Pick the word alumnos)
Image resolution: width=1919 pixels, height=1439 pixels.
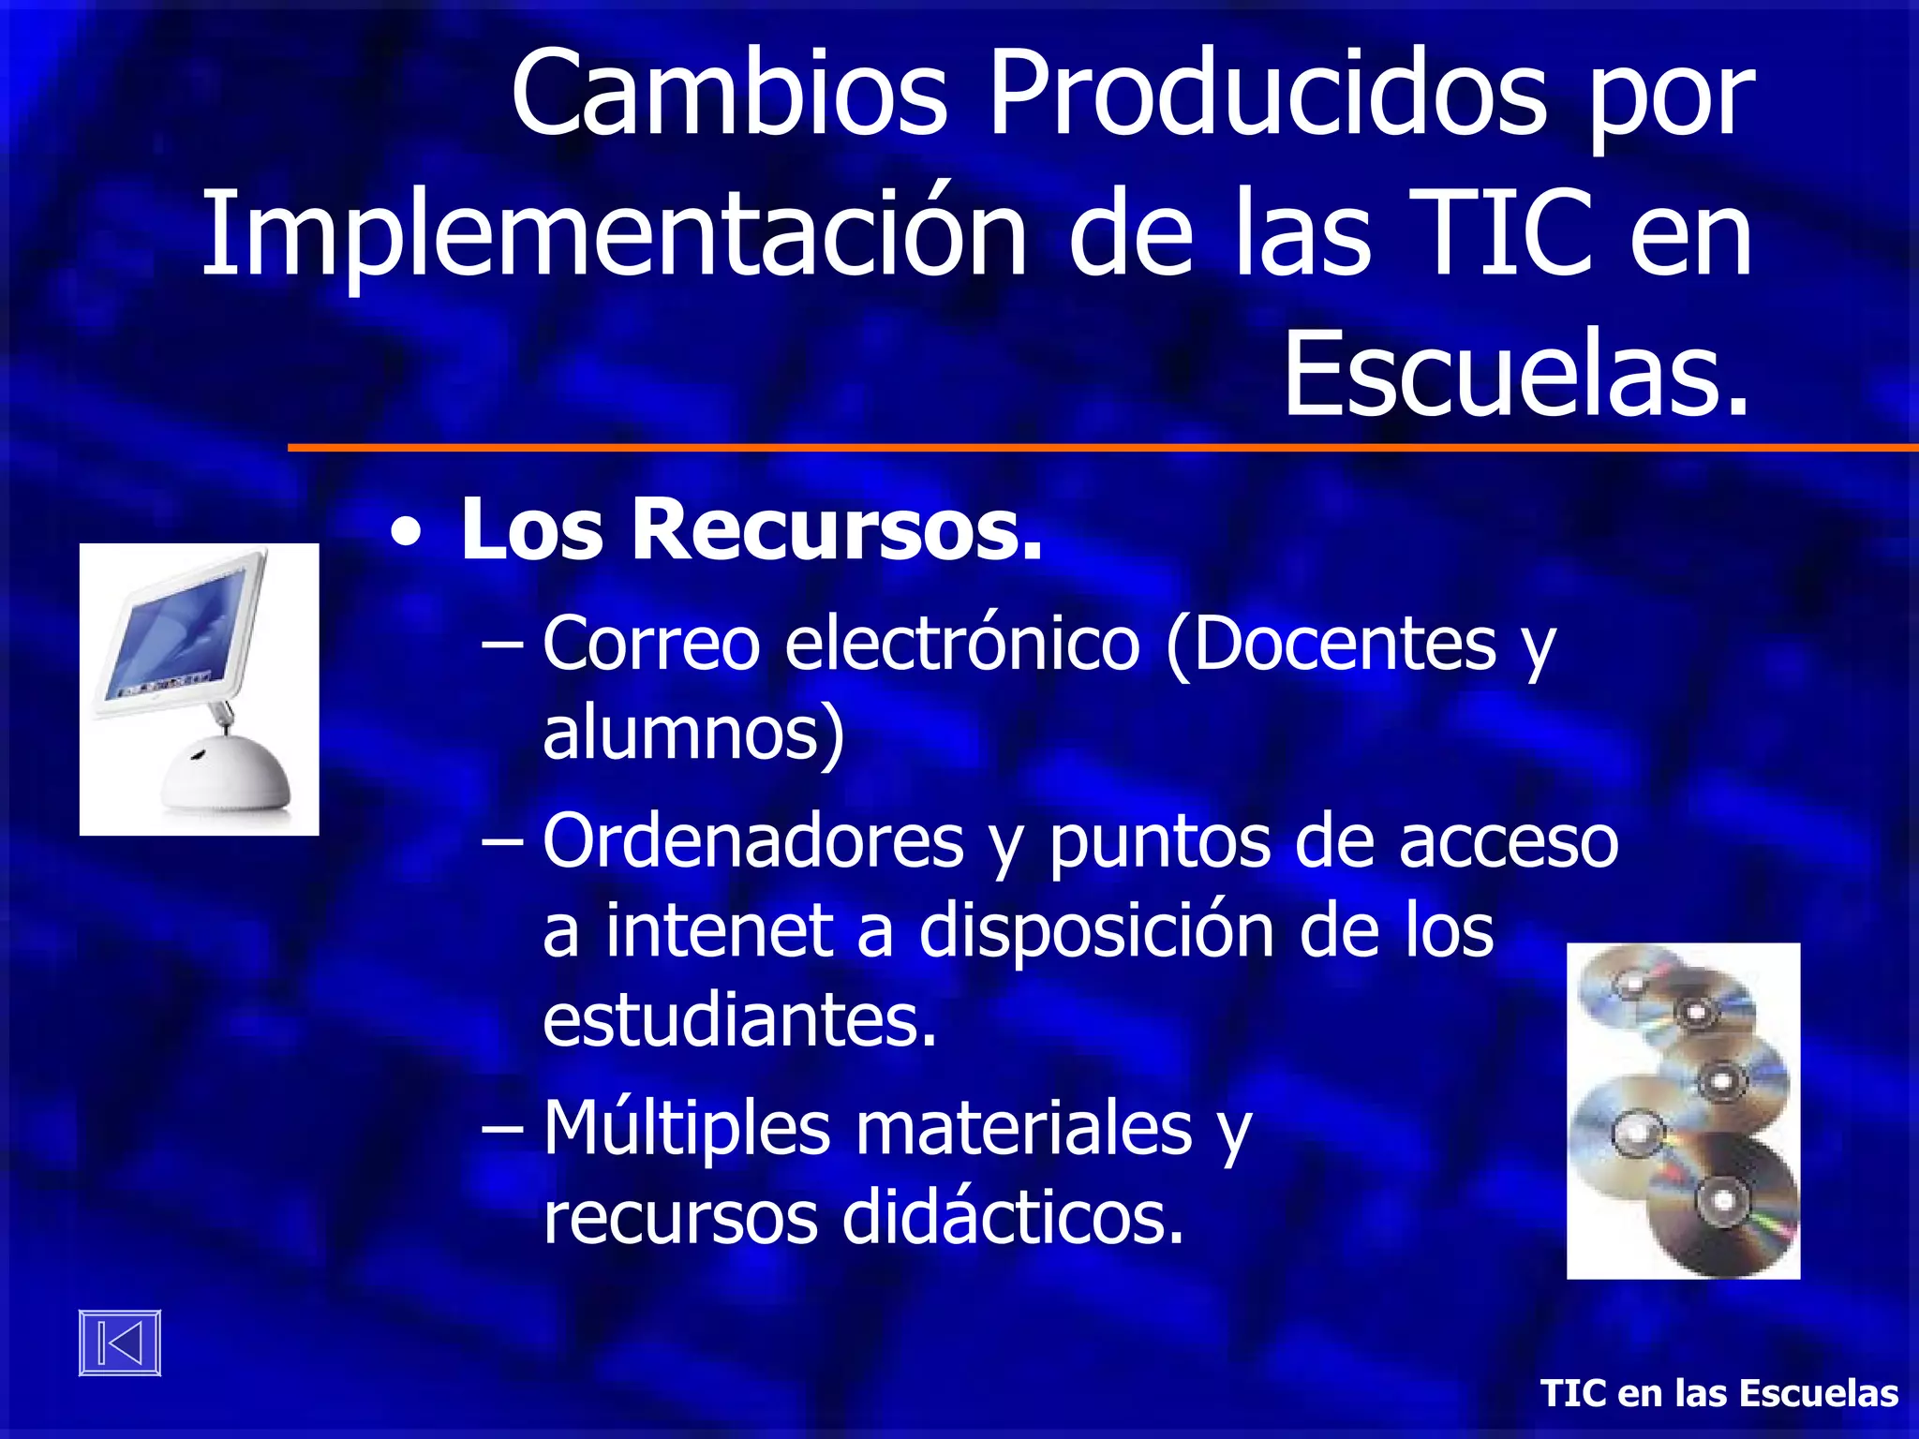coord(693,733)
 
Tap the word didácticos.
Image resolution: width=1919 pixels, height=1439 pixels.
coord(1013,1218)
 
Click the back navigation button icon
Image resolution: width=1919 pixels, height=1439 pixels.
coord(120,1343)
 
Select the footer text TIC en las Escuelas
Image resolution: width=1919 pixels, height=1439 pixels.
coord(1719,1393)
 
